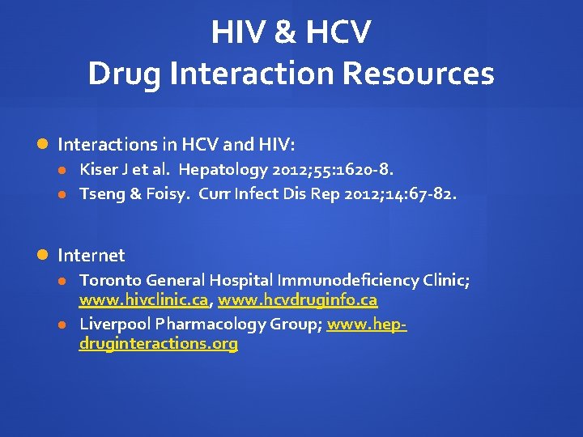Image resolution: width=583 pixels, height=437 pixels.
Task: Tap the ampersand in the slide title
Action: [x=284, y=32]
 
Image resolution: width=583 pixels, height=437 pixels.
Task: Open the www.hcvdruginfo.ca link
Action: [x=297, y=300]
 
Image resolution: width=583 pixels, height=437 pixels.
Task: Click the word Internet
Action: [x=91, y=256]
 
